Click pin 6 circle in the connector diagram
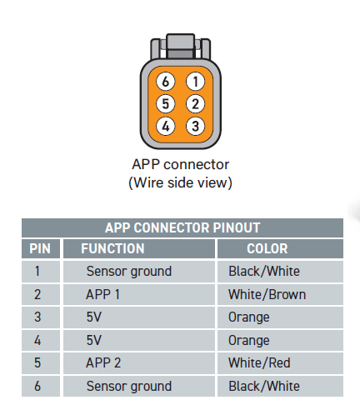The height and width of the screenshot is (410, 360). (166, 82)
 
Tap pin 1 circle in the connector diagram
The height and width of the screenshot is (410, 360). (196, 82)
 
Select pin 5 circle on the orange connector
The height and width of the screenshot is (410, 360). (166, 104)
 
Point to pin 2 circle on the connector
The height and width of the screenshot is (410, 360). (196, 104)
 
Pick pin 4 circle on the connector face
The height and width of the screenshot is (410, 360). (166, 126)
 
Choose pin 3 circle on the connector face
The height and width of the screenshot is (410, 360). (196, 126)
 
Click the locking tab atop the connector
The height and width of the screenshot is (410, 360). (181, 46)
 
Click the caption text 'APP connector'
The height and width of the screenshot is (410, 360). (181, 164)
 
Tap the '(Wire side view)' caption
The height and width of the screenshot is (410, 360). (180, 182)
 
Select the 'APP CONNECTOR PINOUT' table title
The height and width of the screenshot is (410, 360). (182, 227)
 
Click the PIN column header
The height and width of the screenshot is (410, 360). (40, 248)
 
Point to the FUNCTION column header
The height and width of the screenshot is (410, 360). (112, 248)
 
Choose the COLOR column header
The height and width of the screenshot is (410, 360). (267, 248)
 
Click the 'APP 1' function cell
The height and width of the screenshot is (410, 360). (102, 294)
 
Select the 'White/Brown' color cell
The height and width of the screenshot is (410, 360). (267, 294)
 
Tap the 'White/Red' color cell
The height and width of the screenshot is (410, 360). (259, 362)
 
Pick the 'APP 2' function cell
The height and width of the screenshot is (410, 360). (103, 362)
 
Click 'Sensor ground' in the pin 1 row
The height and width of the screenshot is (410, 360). (129, 272)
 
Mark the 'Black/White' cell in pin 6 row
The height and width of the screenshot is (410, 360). (264, 386)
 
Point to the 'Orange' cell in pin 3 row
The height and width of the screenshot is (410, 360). (249, 317)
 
